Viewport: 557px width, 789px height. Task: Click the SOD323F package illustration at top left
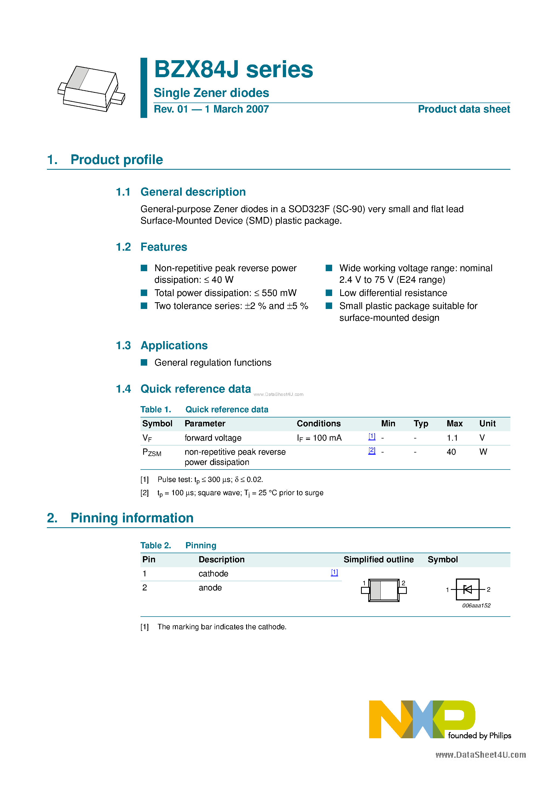91,89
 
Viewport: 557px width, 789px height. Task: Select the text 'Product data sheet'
464,109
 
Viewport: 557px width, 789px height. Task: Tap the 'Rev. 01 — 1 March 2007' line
211,109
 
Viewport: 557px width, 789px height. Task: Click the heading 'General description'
193,192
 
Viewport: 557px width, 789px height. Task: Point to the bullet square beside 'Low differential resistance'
329,293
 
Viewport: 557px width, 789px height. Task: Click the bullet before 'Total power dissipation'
144,293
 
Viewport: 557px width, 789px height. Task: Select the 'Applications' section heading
174,345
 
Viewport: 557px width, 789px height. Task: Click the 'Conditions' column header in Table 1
318,423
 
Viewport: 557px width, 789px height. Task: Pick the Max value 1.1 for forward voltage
452,438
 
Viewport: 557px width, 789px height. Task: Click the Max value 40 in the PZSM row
451,452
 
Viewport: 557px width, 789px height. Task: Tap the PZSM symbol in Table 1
152,453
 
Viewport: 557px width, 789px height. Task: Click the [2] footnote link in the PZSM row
372,451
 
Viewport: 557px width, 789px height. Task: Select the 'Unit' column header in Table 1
487,423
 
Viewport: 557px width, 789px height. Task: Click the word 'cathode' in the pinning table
213,574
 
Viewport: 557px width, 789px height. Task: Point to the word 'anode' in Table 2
210,588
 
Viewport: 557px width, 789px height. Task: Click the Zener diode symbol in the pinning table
467,589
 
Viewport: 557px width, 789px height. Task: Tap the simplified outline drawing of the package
384,590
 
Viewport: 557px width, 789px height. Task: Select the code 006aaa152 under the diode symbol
476,606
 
